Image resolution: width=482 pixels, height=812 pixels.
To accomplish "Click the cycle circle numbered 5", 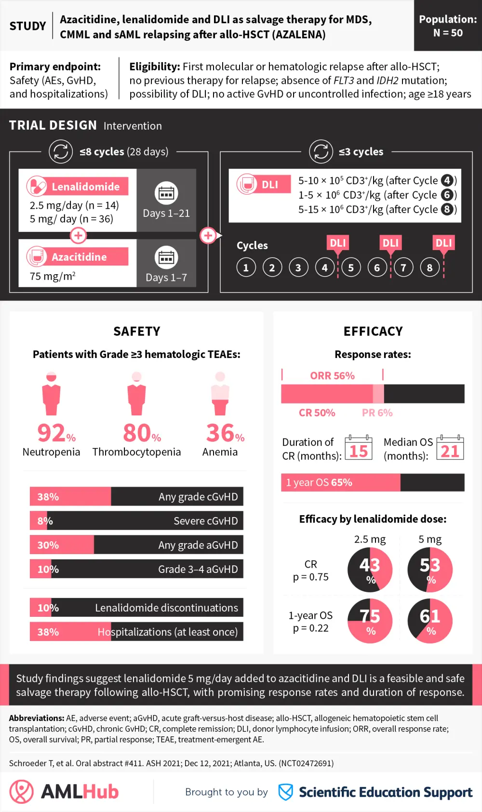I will (351, 267).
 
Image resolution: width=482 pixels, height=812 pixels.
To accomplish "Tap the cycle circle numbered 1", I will (246, 267).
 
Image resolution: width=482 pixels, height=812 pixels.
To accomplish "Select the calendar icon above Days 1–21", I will (166, 193).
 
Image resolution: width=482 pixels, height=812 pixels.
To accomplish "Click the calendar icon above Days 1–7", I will (166, 258).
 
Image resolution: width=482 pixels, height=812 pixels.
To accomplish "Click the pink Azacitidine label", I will (79, 257).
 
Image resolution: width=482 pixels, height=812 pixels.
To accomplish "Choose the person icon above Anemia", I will (220, 393).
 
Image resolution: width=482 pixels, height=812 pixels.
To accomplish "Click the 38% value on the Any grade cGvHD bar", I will (48, 497).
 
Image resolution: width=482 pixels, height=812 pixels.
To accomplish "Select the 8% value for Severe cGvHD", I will (45, 521).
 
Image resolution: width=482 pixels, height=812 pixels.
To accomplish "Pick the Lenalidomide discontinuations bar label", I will (166, 608).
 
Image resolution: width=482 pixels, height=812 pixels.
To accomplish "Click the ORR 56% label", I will (332, 375).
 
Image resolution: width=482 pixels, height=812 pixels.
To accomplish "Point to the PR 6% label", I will (377, 413).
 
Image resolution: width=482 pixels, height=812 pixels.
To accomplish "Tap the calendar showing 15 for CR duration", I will (359, 448).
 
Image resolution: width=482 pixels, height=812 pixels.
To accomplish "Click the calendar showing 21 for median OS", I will (450, 448).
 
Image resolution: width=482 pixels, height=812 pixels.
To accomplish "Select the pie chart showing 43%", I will (370, 570).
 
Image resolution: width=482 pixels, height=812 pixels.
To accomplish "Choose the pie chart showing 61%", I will (430, 621).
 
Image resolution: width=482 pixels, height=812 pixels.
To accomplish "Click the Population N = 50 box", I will (448, 26).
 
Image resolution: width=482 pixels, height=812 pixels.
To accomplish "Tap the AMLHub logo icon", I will (22, 791).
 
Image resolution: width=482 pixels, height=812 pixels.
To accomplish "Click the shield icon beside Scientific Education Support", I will (286, 792).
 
